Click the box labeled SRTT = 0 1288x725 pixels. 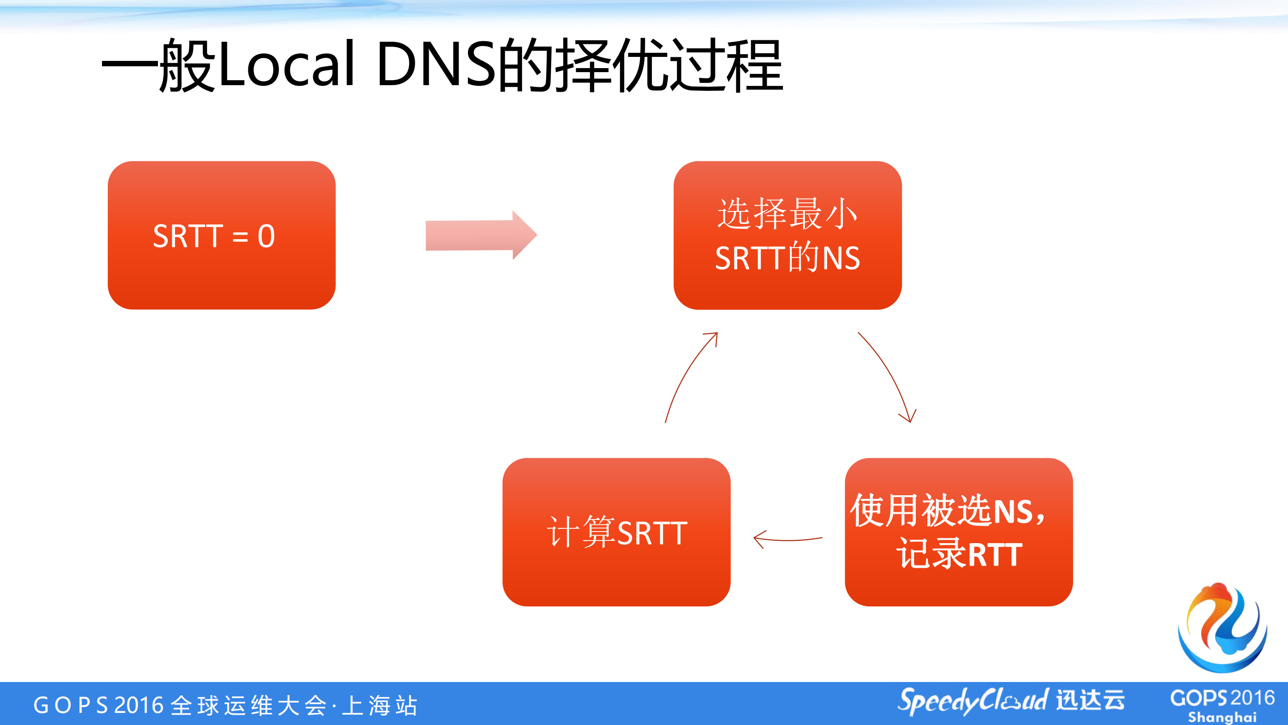click(x=221, y=235)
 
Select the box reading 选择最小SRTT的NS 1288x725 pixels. click(x=787, y=235)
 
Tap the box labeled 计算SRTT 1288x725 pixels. click(x=616, y=532)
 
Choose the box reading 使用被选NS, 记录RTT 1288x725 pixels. click(x=958, y=532)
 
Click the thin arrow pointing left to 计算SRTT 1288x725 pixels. click(x=787, y=539)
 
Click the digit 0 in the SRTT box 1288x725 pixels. click(x=266, y=236)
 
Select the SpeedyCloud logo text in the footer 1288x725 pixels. click(x=973, y=700)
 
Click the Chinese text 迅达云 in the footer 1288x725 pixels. click(x=1090, y=700)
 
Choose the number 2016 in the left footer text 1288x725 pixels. click(x=139, y=705)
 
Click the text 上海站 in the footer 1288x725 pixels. click(x=380, y=705)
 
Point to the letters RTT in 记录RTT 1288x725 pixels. click(x=995, y=555)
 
